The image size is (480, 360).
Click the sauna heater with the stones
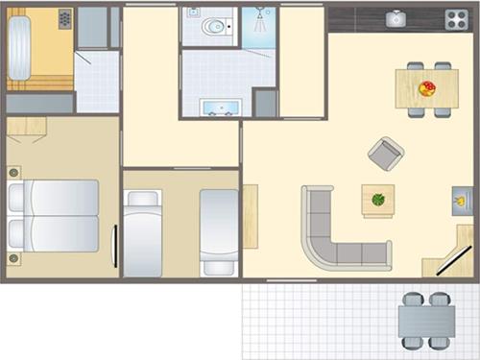tap(64, 19)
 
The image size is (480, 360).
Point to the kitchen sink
tap(395, 18)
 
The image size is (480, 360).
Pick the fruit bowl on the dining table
tap(427, 88)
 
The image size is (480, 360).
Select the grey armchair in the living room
tap(386, 153)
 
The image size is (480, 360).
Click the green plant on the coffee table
tap(378, 200)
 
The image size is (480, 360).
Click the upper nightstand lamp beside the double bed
tap(13, 172)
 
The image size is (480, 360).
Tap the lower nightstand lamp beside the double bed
tap(13, 257)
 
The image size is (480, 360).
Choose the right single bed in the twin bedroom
tap(219, 230)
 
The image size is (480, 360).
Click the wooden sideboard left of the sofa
tap(251, 215)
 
